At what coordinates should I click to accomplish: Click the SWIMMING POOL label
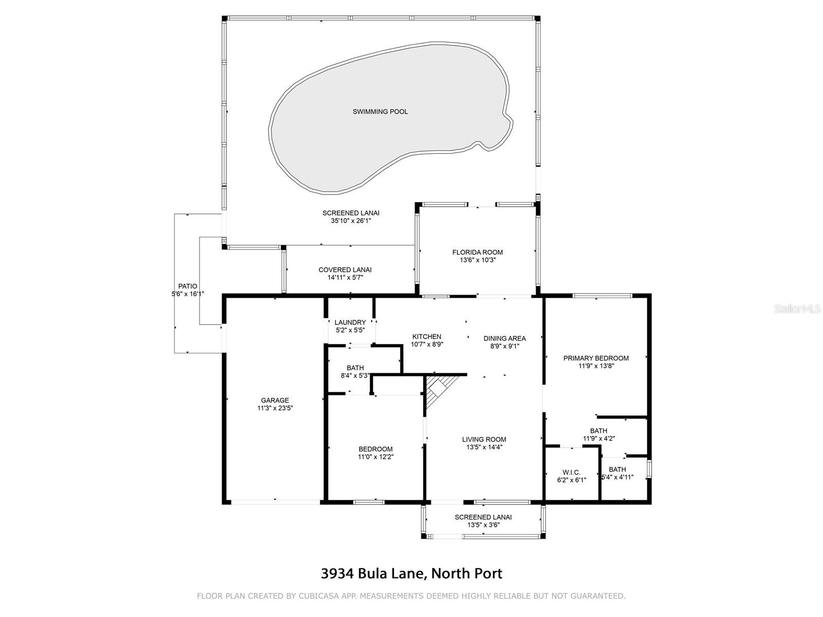380,112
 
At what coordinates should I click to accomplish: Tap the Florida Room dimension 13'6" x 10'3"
477,260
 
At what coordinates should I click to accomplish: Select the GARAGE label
275,400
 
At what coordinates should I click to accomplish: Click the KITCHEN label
427,336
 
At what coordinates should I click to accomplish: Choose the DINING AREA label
504,338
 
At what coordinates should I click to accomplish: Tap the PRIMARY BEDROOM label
596,358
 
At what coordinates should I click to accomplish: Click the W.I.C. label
571,473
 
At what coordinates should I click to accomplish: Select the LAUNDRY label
350,322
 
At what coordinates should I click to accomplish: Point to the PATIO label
187,286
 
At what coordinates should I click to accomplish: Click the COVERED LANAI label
345,270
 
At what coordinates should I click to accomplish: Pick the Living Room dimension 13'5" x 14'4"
484,447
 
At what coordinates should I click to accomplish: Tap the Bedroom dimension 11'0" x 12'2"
375,457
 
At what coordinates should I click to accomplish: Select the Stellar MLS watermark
797,308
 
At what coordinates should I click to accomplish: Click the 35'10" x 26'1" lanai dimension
351,221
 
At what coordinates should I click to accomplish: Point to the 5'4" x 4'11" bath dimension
617,477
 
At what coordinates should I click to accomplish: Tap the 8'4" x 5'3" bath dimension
355,376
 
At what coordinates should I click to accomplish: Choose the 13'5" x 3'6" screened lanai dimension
483,525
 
